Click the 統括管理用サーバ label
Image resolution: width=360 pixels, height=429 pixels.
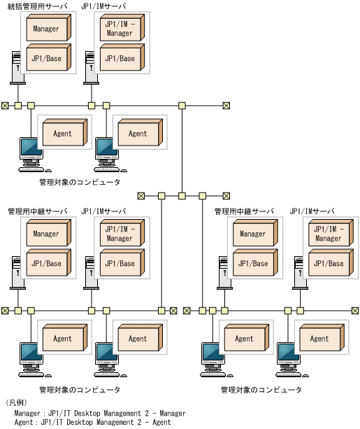click(x=38, y=7)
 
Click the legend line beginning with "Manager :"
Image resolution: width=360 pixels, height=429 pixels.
click(x=100, y=414)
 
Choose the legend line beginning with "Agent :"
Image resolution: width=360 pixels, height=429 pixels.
click(x=92, y=423)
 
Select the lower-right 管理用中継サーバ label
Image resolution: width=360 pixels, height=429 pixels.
click(x=244, y=211)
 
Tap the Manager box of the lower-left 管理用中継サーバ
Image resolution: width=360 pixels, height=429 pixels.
click(x=48, y=234)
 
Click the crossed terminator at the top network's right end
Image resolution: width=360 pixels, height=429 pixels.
click(x=226, y=106)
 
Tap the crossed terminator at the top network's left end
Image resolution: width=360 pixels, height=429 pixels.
click(x=6, y=106)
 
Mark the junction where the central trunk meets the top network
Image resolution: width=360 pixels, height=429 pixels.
click(x=182, y=106)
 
